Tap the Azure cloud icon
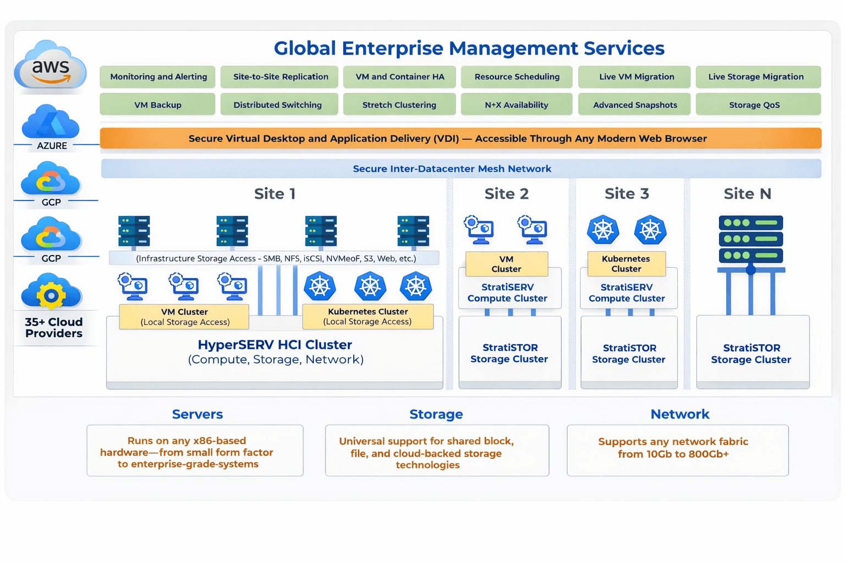51,122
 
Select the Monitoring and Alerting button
158,77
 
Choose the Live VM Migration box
636,77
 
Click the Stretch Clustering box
399,105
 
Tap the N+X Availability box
516,105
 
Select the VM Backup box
157,105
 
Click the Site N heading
747,194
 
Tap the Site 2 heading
506,194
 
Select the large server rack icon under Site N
750,240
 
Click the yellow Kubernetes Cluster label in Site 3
626,264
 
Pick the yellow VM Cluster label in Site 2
506,264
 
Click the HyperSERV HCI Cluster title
275,345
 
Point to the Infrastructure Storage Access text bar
275,258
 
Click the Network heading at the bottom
679,414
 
